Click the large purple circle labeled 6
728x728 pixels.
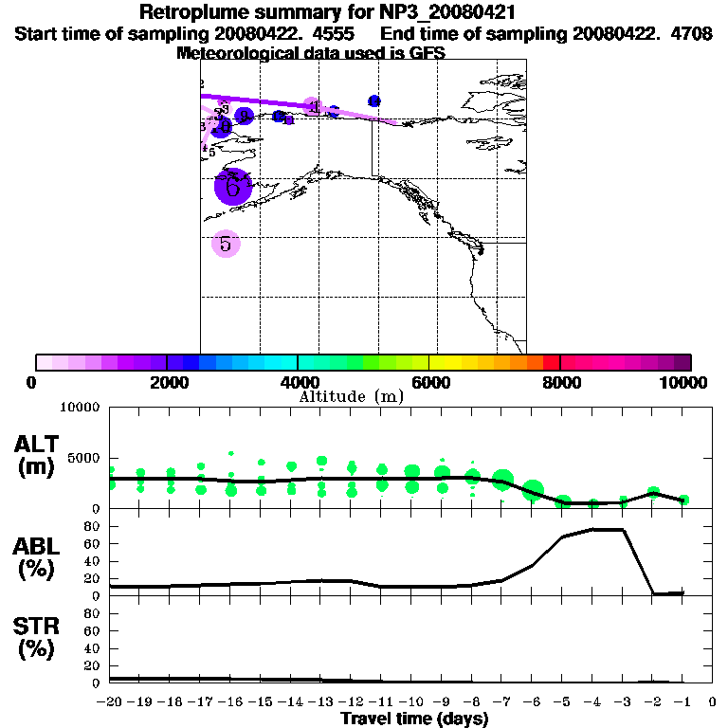[x=232, y=187]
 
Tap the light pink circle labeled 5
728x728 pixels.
[x=226, y=244]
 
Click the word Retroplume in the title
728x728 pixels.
[x=190, y=13]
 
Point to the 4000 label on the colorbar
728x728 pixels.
[x=297, y=382]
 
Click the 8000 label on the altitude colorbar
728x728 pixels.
[x=560, y=382]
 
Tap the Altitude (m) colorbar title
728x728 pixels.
[x=352, y=396]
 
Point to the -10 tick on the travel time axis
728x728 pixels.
[x=410, y=701]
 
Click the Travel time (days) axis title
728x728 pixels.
[x=414, y=719]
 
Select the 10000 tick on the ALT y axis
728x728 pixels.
[x=79, y=408]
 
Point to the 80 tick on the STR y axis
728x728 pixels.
[x=93, y=613]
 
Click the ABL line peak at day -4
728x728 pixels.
[x=593, y=530]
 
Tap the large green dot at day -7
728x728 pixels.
[x=502, y=481]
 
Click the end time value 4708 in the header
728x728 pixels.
[x=695, y=33]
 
